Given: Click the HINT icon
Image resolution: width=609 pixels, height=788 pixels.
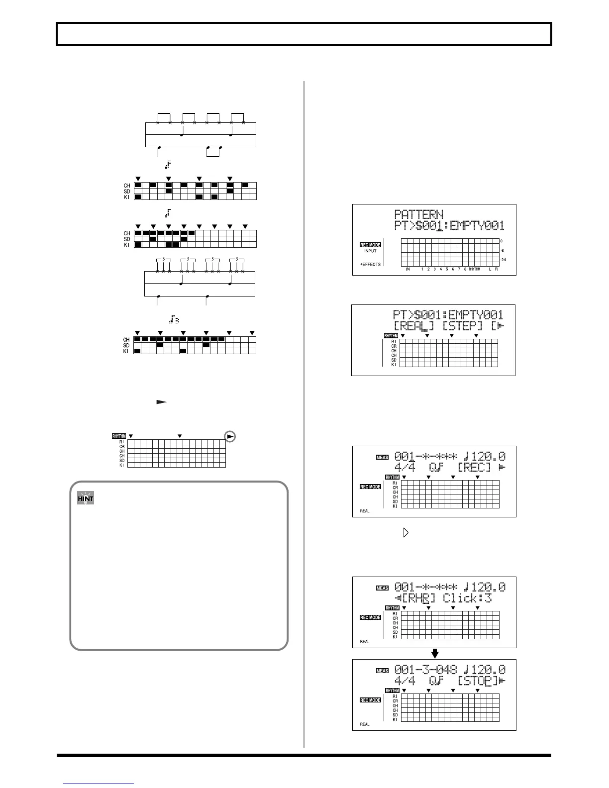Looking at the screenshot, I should point(86,497).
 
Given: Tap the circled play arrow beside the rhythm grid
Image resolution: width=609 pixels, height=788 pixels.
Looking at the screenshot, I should point(230,436).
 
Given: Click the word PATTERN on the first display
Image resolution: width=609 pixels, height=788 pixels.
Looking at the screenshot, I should point(418,215).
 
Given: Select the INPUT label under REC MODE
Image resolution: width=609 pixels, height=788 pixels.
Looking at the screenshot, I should point(370,251).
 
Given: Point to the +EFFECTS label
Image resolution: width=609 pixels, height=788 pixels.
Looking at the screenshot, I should point(370,264).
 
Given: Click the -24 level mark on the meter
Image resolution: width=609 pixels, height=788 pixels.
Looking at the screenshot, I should point(503,260).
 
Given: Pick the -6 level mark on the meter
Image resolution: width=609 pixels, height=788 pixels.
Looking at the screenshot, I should point(502,251).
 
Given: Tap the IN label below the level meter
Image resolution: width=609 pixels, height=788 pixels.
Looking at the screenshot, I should point(407,269).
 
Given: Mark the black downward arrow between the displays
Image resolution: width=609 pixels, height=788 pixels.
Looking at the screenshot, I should point(434,653).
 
